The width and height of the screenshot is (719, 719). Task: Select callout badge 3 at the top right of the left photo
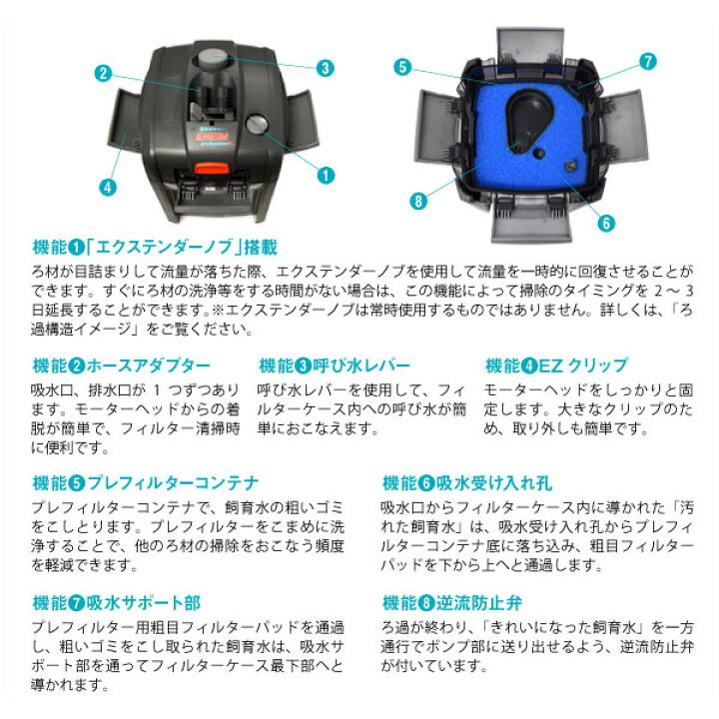325,69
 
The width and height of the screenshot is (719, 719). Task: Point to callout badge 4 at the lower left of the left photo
107,186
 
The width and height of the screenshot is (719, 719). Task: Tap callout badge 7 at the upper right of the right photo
648,61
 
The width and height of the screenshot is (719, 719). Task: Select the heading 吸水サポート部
144,604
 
